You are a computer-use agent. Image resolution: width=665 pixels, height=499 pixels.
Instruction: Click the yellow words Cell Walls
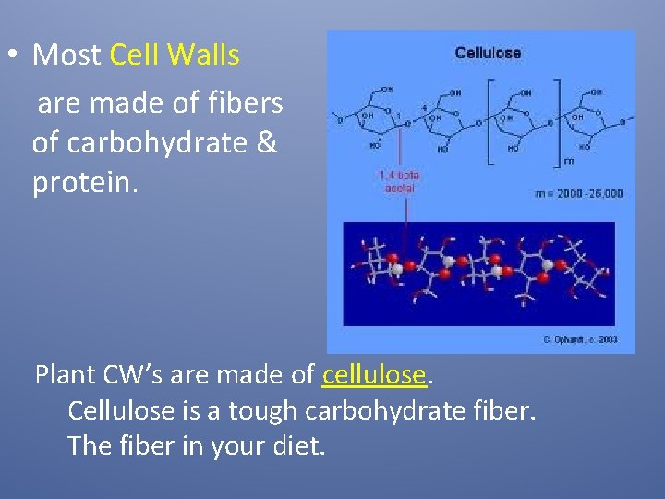175,55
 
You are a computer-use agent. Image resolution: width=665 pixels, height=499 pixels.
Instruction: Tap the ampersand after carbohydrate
266,144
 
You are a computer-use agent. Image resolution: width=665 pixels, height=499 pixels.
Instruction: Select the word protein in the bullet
85,182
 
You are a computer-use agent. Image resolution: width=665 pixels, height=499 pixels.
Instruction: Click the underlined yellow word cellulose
374,375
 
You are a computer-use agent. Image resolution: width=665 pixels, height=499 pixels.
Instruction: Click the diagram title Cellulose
488,53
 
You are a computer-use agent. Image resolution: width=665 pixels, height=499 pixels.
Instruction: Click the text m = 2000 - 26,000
579,193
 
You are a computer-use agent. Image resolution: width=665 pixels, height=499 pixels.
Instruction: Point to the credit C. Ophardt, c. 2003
579,340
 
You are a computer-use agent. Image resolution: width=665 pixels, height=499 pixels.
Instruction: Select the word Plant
66,375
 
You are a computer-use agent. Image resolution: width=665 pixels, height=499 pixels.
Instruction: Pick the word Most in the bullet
66,55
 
